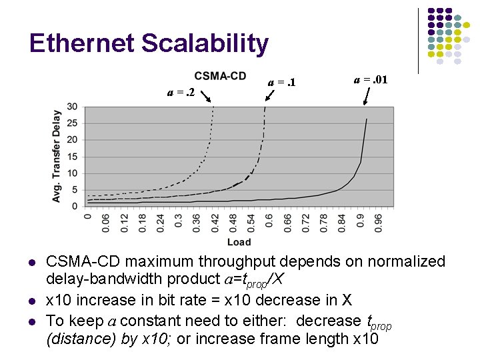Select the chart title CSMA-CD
[x=220, y=76]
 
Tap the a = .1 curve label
[x=281, y=83]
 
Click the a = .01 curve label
[x=370, y=79]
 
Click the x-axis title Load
[x=239, y=241]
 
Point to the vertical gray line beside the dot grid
[x=419, y=40]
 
